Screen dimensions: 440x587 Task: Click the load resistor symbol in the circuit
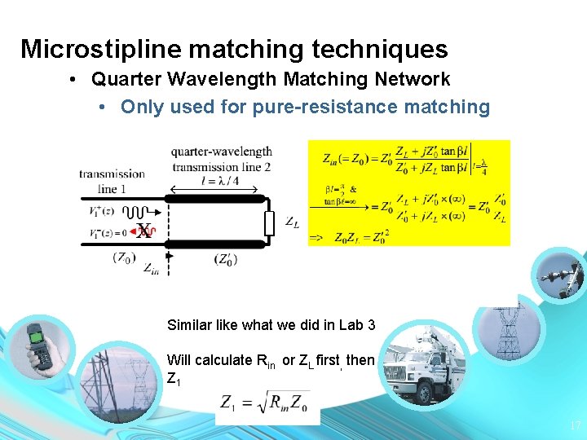267,221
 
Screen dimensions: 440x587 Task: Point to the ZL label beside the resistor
291,221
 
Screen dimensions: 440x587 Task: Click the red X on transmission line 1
144,231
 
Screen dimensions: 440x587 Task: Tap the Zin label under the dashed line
150,268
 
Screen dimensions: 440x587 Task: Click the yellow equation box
408,192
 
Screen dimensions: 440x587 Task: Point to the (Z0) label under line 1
124,258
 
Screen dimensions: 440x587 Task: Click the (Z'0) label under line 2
226,260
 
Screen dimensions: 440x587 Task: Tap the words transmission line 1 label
112,181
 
